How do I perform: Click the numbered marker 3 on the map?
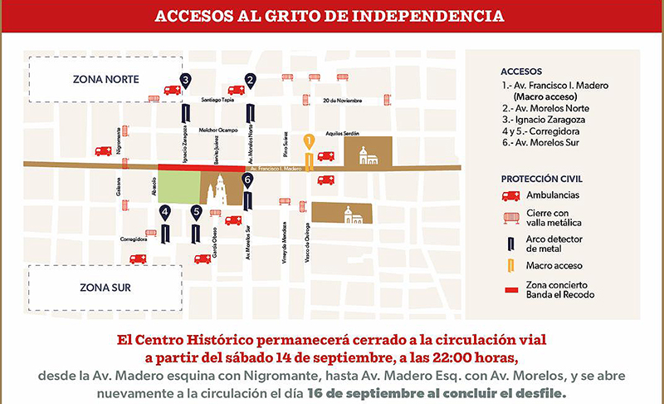pyautogui.click(x=185, y=80)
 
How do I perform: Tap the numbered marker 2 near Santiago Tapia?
pyautogui.click(x=250, y=80)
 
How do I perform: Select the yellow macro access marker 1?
pyautogui.click(x=308, y=141)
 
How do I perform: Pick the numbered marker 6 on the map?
pyautogui.click(x=247, y=179)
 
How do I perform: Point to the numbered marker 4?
pyautogui.click(x=165, y=213)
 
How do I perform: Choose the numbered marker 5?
pyautogui.click(x=196, y=213)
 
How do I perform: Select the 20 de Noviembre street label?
pyautogui.click(x=343, y=101)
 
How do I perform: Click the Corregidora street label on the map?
pyautogui.click(x=133, y=239)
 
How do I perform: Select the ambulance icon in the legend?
pyautogui.click(x=511, y=196)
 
